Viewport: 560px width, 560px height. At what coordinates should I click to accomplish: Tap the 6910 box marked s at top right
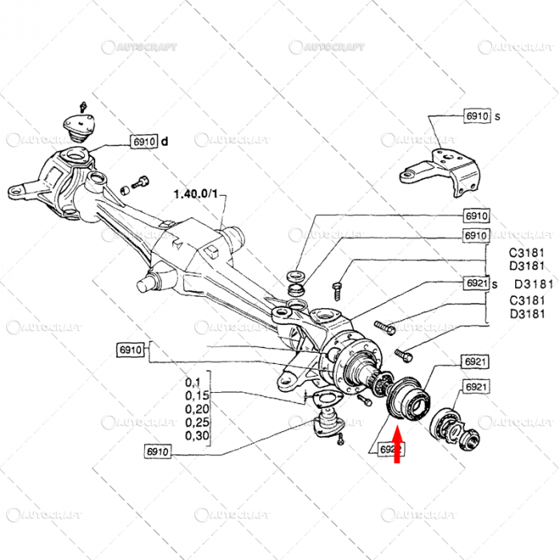click(x=477, y=116)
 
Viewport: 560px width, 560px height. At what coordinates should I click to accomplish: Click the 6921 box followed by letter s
click(x=477, y=283)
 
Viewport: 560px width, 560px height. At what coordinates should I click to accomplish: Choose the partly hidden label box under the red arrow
click(x=387, y=450)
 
